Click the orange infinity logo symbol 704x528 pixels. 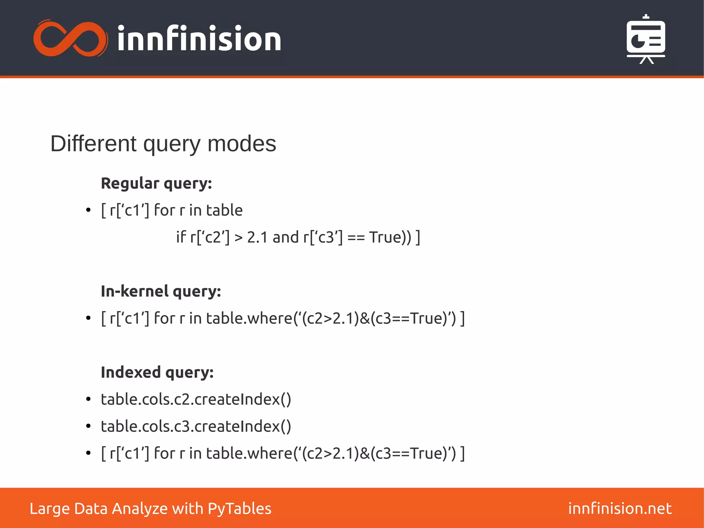click(x=70, y=39)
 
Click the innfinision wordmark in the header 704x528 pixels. click(x=199, y=39)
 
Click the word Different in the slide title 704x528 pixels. click(x=93, y=144)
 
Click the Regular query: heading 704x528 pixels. click(x=156, y=183)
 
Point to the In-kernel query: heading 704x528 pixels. click(x=161, y=291)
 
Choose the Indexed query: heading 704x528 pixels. click(x=157, y=373)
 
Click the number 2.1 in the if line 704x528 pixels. click(x=257, y=237)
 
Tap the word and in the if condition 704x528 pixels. click(x=286, y=237)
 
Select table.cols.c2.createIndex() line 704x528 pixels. click(x=196, y=399)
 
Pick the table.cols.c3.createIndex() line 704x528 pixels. click(x=196, y=427)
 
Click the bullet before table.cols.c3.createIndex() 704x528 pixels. click(x=88, y=427)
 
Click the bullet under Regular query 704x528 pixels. click(x=88, y=210)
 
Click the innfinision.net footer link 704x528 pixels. click(x=620, y=509)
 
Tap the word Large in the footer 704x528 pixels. click(x=49, y=509)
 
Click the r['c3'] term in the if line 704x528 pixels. click(x=323, y=237)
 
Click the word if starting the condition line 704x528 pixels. click(x=181, y=237)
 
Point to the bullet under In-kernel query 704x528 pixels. click(x=88, y=318)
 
